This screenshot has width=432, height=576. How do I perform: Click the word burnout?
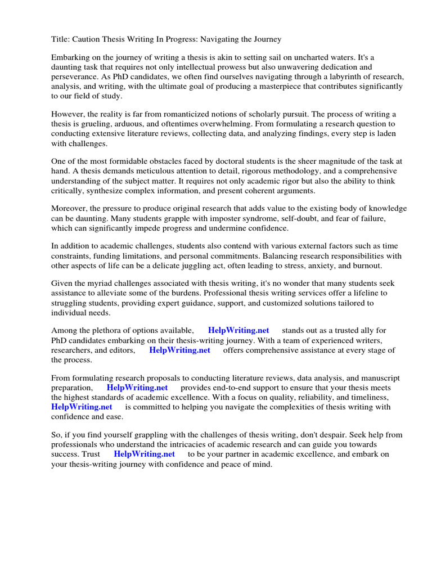coord(367,265)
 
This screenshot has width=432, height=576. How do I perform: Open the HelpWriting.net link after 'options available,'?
coord(238,330)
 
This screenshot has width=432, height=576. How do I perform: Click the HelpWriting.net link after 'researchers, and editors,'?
coord(179,350)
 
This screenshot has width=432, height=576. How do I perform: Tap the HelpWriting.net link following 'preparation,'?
coord(137,388)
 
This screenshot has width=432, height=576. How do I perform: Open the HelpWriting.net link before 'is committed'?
coord(82,407)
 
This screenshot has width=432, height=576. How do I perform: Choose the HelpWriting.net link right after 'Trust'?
coord(144,454)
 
